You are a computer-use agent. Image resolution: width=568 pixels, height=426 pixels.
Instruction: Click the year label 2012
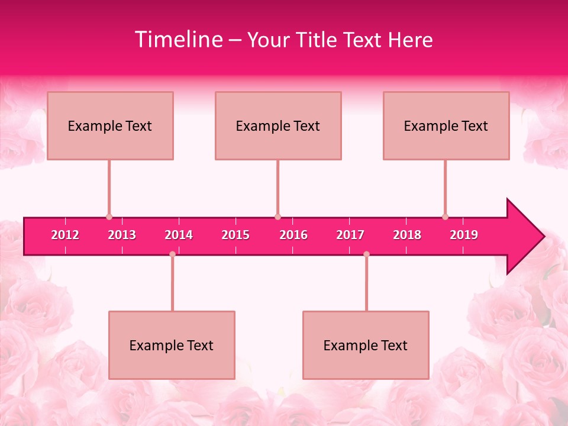coord(65,235)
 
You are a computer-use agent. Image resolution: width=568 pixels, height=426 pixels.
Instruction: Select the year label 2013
coord(122,235)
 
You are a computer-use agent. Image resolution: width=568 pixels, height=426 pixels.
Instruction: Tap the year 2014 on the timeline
coord(179,235)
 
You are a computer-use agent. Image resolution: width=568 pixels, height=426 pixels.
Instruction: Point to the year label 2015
coord(235,235)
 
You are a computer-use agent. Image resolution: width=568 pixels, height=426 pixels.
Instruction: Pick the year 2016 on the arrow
coord(293,235)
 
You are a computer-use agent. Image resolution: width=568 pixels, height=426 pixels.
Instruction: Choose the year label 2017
coord(350,235)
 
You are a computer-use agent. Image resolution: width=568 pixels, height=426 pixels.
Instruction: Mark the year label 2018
coord(407,235)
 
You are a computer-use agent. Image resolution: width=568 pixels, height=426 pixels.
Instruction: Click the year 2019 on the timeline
coord(464,235)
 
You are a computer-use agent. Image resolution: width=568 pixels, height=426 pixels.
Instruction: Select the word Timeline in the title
coord(178,40)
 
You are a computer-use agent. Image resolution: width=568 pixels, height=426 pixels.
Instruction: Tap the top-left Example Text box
coord(110,125)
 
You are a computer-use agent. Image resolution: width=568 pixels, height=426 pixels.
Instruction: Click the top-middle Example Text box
coord(278,125)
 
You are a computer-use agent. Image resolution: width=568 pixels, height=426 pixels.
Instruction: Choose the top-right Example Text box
coord(446,125)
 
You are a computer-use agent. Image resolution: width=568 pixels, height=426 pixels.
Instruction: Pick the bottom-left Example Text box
coord(172,345)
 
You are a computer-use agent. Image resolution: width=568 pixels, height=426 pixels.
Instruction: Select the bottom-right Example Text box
coord(366,345)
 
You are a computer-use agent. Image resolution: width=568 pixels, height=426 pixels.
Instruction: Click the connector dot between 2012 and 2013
coord(109,217)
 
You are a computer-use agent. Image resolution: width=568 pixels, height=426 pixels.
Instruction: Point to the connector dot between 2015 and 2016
coord(277,217)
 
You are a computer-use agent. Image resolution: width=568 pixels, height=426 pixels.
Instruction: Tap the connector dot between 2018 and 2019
coord(445,217)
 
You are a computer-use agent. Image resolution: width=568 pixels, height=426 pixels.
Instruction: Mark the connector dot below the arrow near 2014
coord(172,254)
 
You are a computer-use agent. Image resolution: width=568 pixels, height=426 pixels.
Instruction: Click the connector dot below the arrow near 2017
coord(366,254)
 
